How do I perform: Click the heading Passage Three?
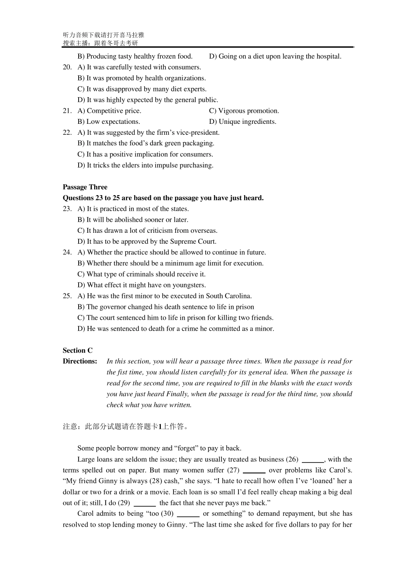pos(85,187)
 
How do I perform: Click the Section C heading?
pos(77,350)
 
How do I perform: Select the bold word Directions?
pos(80,361)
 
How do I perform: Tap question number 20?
pos(67,67)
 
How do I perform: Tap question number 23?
pos(67,209)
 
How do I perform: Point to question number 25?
pos(67,296)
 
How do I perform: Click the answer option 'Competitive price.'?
pos(114,111)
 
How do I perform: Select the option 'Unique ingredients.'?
pos(247,122)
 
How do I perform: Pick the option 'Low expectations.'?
pos(113,122)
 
